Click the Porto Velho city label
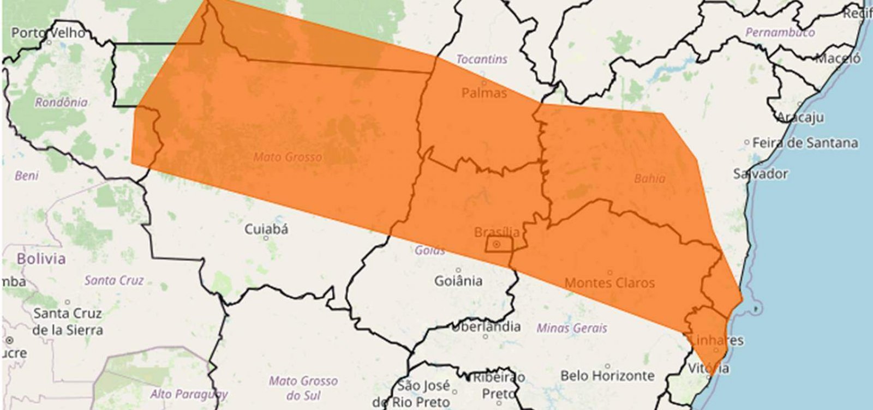pos(48,33)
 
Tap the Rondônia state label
pos(61,102)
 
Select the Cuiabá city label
pos(266,229)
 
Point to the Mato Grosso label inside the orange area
pos(287,157)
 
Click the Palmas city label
pos(484,93)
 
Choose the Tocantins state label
pos(481,59)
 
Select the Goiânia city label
pos(458,281)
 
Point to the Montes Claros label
pos(609,282)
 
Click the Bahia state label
pos(649,178)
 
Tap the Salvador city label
pos(760,174)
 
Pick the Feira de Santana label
pos(805,143)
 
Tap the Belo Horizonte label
pos(607,375)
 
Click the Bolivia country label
pos(41,258)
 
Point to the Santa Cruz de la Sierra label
pos(67,322)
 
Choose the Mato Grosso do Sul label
pos(303,387)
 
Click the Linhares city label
pos(716,340)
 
